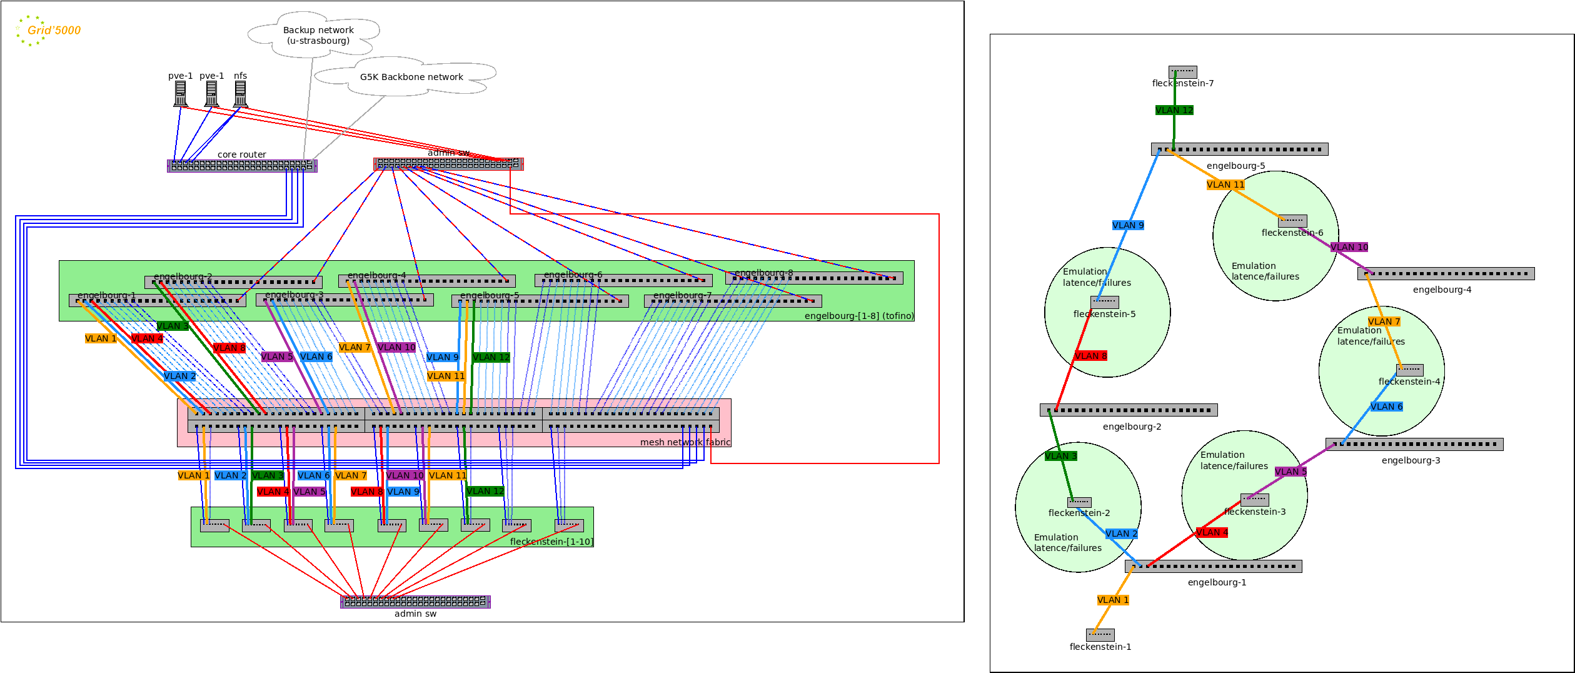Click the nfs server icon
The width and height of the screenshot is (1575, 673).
coord(240,94)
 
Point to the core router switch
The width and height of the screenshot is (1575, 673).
coord(242,166)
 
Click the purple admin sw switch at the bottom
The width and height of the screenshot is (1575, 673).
coord(415,602)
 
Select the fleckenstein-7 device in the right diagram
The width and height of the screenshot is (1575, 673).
coord(1182,72)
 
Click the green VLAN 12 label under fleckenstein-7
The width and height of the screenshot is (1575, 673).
coord(1174,110)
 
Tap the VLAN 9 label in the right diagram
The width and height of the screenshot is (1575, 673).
coord(1128,225)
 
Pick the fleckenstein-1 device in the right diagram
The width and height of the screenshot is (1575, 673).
coord(1100,634)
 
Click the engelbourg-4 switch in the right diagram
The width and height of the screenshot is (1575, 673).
coord(1446,273)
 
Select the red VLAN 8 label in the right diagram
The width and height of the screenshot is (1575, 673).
coord(1091,356)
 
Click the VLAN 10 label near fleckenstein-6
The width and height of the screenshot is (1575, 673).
coord(1349,247)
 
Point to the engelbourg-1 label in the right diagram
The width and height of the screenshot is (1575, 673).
coord(1217,582)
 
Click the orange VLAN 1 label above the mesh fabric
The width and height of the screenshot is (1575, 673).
coord(101,338)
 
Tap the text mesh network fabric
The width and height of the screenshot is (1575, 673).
coord(685,442)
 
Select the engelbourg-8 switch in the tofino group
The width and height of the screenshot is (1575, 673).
coord(814,278)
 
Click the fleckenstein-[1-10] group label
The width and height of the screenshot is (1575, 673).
coord(551,542)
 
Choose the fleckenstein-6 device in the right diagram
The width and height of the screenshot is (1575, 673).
coord(1292,221)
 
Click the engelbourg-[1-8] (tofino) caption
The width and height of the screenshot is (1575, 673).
coord(858,316)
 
